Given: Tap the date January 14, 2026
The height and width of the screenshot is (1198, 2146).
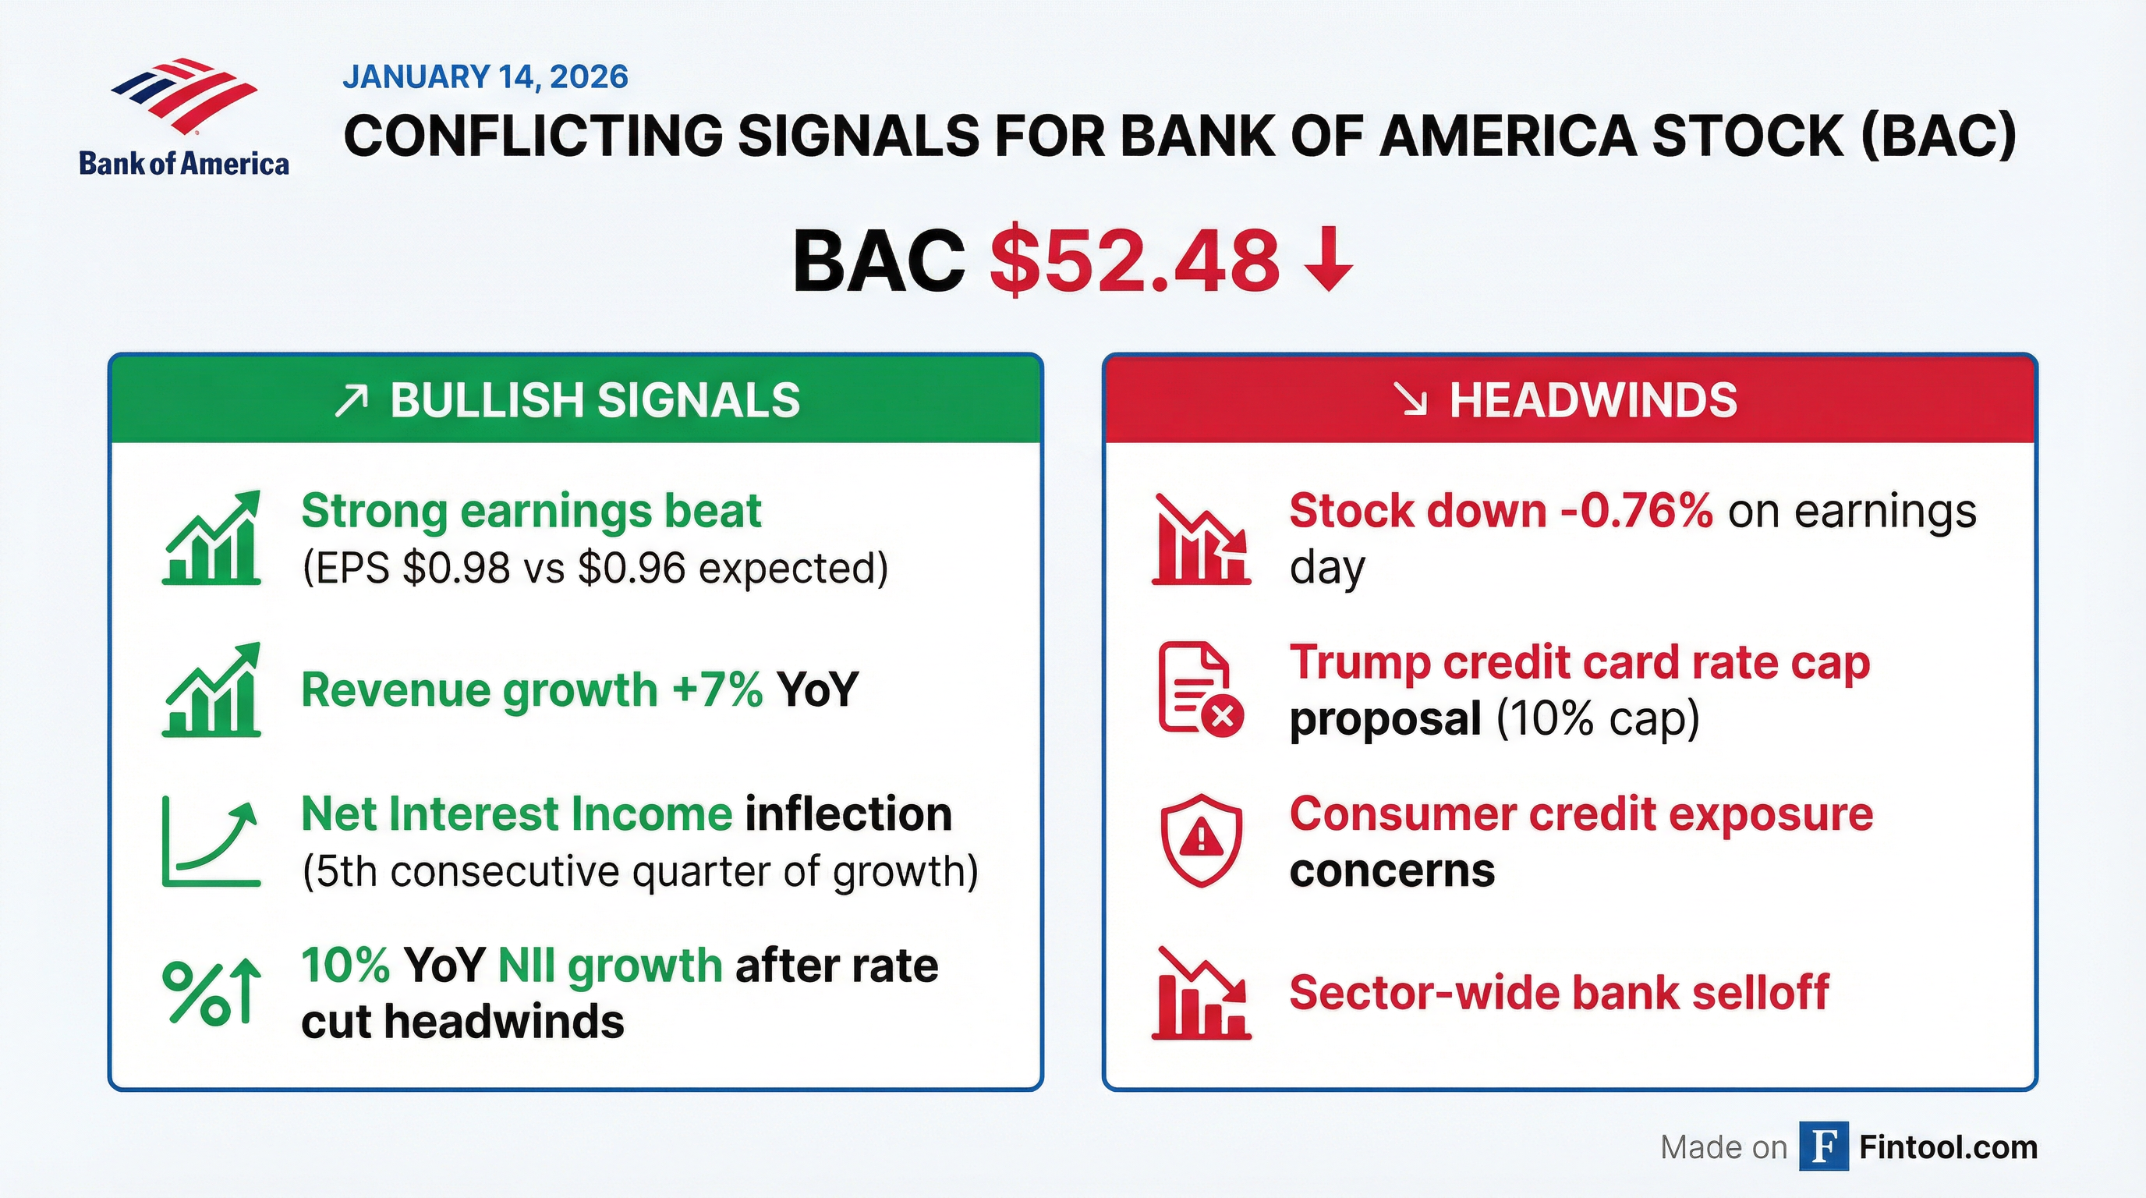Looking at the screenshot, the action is [485, 76].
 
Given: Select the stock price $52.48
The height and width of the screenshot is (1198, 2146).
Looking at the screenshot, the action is [1134, 261].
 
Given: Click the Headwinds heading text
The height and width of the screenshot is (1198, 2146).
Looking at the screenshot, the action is [1593, 400].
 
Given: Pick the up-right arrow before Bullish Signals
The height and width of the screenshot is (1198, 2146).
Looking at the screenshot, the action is [351, 401].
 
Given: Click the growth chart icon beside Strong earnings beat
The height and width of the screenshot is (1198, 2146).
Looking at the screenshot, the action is [211, 537].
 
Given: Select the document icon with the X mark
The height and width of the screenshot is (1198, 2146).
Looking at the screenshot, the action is [1200, 689].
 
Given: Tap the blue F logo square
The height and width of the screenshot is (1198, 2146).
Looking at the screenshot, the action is [1824, 1147].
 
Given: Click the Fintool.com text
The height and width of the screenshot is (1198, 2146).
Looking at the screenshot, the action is [1949, 1147].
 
